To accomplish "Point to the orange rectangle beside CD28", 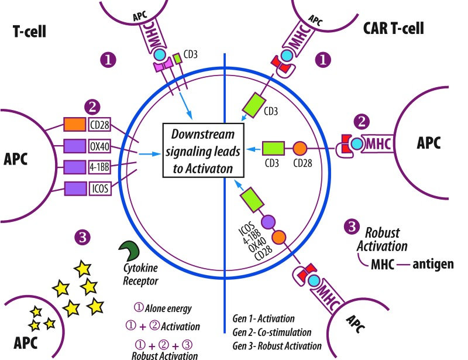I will tap(75, 124).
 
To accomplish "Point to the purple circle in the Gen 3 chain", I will tap(268, 222).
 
